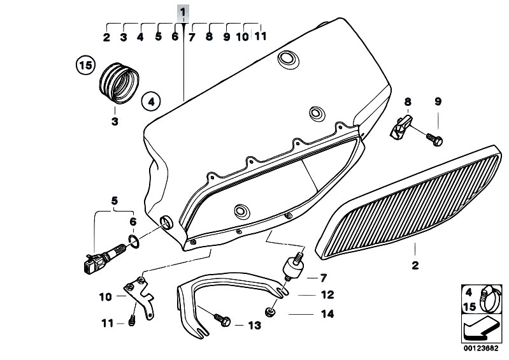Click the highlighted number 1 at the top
183,12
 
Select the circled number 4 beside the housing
152,100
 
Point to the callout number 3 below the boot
115,121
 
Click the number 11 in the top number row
260,36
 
